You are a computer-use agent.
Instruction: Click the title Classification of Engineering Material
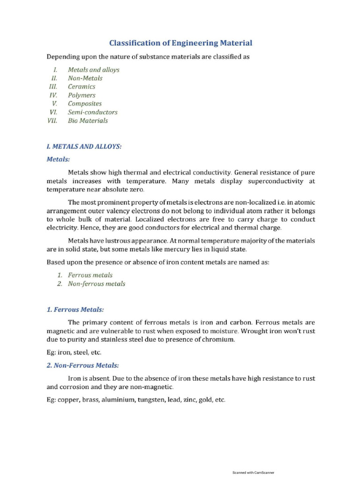(180, 43)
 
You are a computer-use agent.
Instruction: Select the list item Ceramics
(82, 87)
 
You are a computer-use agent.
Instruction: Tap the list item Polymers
(82, 95)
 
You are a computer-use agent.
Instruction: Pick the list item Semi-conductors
(93, 112)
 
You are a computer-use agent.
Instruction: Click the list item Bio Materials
(88, 120)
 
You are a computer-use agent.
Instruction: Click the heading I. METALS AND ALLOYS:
(84, 147)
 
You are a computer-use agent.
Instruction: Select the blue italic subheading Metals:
(58, 159)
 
